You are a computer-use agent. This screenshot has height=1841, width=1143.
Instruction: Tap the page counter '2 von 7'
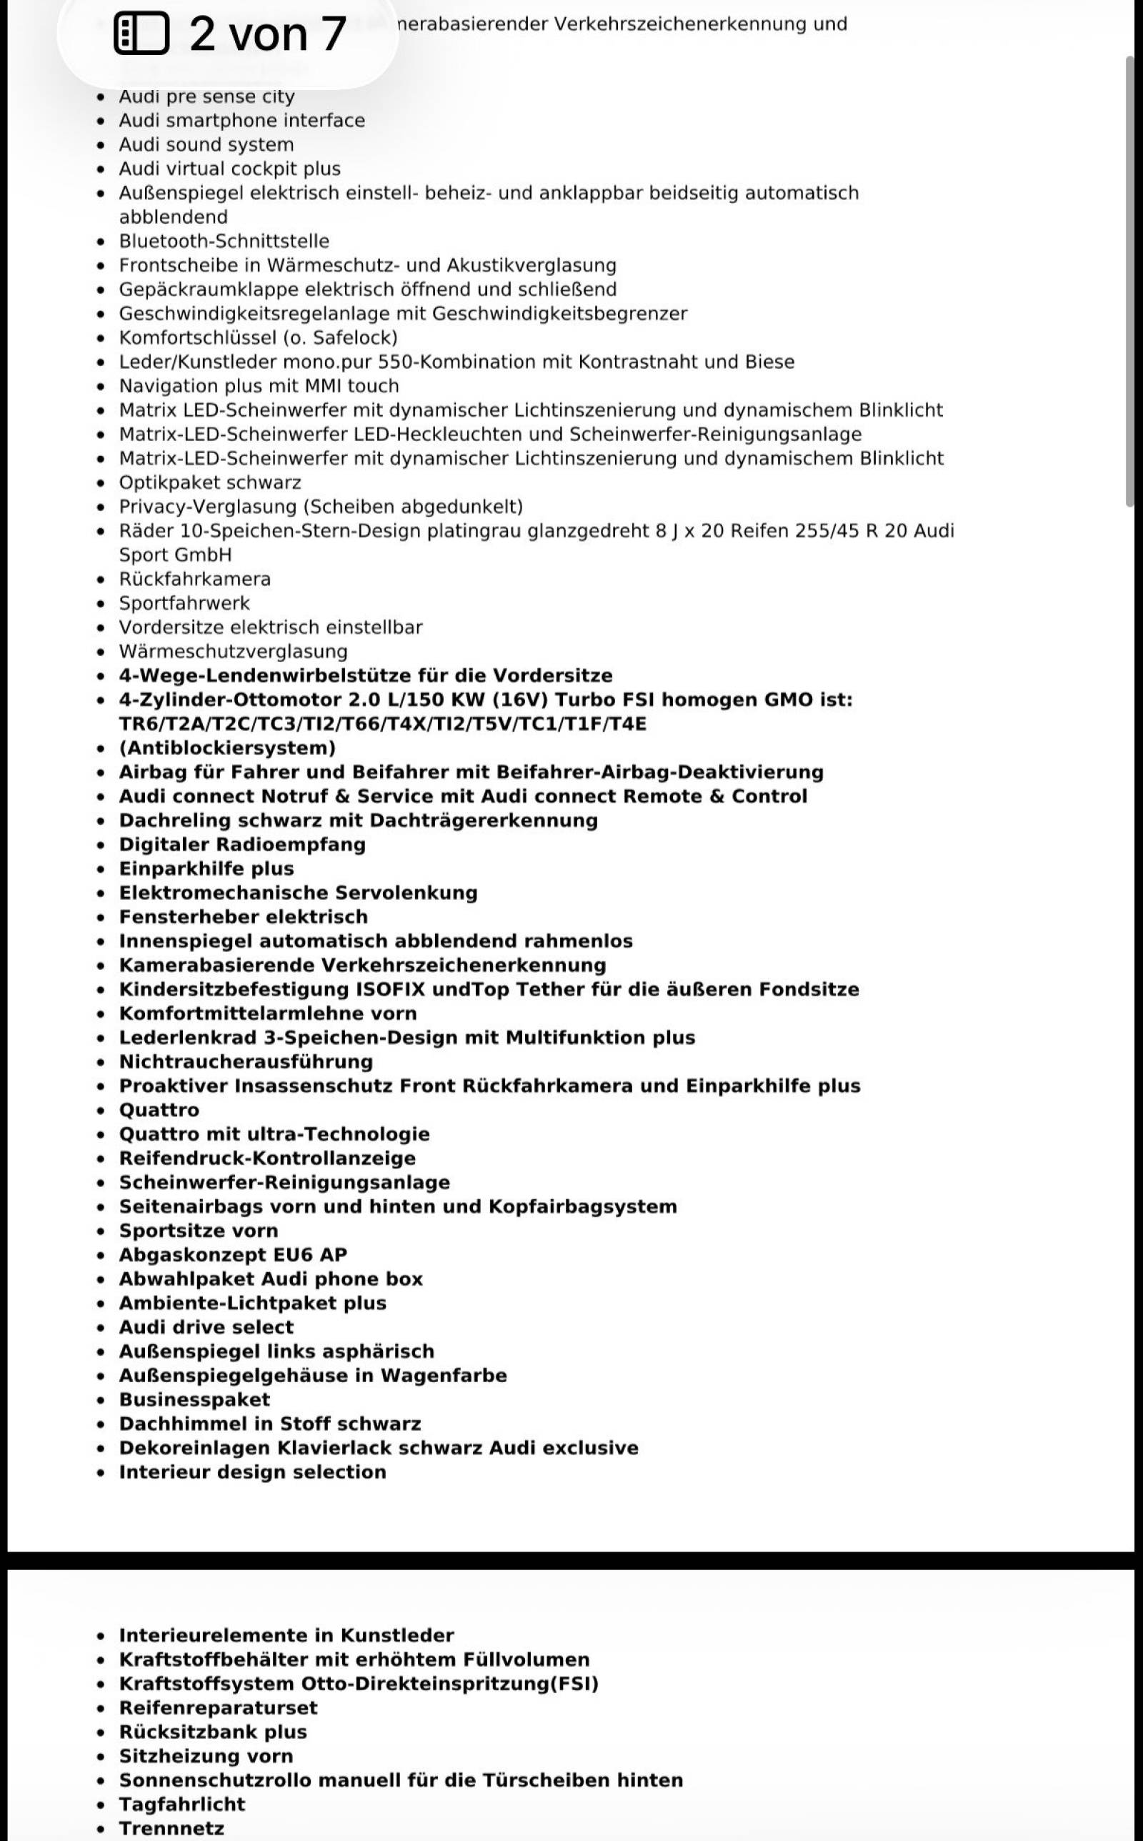coord(268,34)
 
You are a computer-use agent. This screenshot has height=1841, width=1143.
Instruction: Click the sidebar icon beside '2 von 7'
coord(141,34)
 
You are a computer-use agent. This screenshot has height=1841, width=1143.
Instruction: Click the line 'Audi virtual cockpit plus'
coord(230,169)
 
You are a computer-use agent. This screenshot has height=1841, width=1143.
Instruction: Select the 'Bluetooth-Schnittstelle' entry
coord(224,241)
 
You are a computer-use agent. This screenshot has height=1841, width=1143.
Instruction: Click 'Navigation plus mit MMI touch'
coord(259,386)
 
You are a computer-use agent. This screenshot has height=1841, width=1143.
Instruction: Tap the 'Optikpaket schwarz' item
coord(210,482)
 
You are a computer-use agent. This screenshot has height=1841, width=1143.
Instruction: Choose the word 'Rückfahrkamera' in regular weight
coord(194,579)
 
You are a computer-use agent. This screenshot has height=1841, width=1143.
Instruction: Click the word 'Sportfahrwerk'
coord(184,603)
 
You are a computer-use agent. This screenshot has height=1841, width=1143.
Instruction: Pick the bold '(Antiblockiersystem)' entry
coord(226,748)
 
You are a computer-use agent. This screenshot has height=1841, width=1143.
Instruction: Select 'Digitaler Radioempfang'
coord(242,845)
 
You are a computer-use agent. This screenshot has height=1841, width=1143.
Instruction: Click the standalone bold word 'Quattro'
coord(159,1110)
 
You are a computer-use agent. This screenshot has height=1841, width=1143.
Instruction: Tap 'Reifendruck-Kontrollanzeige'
coord(267,1158)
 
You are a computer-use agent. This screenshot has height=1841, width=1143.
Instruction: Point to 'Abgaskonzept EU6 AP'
coord(233,1255)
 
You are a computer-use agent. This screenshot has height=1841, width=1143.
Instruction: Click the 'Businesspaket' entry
coord(194,1399)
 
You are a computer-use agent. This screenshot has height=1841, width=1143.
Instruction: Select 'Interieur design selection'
coord(252,1472)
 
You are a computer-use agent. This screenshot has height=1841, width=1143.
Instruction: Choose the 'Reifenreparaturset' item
coord(219,1708)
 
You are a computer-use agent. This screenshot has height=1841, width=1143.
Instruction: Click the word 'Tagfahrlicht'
coord(182,1804)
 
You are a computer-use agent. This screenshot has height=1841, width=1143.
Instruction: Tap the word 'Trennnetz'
coord(171,1828)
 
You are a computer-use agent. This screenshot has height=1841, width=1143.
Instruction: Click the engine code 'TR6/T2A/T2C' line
coord(382,723)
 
